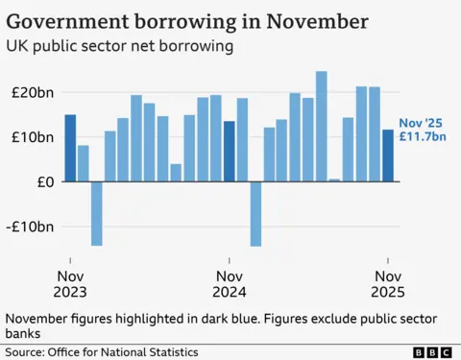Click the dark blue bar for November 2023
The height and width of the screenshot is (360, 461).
click(70, 148)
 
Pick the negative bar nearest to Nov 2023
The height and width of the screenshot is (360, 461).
click(96, 213)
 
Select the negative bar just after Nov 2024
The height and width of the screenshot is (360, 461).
click(255, 213)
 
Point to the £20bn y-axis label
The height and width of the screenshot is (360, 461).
click(32, 92)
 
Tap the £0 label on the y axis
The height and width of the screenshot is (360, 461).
click(43, 181)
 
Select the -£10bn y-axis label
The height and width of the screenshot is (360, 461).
click(29, 227)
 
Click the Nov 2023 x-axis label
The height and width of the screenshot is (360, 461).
click(70, 284)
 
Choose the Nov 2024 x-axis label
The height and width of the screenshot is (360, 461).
click(229, 284)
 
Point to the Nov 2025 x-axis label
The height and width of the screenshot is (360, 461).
click(388, 284)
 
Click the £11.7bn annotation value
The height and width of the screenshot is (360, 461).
click(424, 137)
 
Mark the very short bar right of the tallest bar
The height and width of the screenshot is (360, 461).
click(334, 180)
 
